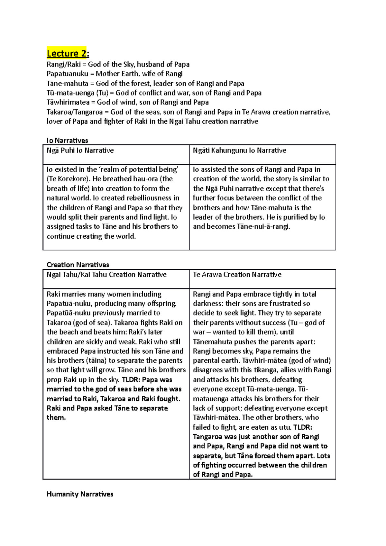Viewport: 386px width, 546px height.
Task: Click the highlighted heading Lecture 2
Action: point(68,53)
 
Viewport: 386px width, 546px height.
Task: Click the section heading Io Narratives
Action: point(67,141)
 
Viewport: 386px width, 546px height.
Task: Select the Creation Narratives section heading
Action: point(78,265)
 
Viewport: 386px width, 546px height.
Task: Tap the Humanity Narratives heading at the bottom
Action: point(80,494)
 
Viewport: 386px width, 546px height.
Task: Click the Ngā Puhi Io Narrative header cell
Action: point(80,150)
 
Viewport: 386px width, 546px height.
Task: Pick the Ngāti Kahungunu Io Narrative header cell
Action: point(239,150)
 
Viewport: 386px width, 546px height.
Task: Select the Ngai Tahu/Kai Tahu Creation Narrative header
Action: point(106,275)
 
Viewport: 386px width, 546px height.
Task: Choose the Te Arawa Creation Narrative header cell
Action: point(237,275)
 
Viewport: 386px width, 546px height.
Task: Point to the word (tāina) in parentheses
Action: point(96,361)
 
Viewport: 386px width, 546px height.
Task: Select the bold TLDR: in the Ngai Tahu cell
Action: point(131,380)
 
